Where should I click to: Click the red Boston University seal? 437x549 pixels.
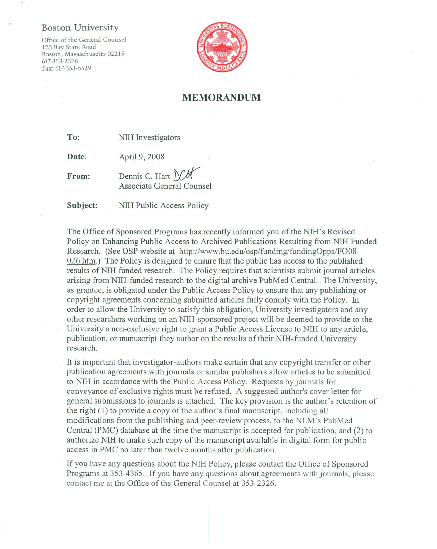pos(222,47)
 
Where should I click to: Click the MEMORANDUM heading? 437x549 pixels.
pos(221,98)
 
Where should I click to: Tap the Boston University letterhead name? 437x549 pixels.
pos(80,27)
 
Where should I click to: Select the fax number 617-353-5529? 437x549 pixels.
pos(73,68)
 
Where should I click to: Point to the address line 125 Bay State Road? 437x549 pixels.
pos(69,47)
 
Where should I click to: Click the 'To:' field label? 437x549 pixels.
pos(73,137)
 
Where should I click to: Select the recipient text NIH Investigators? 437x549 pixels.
pos(149,137)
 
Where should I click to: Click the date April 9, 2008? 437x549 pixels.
pos(141,157)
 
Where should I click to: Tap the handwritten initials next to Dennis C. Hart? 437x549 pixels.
pos(186,174)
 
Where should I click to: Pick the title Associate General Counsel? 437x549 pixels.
pos(165,186)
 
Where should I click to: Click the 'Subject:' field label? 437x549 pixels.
pos(82,205)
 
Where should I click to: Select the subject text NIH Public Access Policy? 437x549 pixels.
pos(163,205)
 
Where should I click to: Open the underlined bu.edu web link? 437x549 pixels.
pos(269,251)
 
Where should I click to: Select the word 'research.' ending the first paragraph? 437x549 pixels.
pos(82,348)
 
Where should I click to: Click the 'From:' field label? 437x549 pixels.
pos(78,176)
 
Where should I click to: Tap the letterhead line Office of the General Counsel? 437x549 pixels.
pos(84,40)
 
